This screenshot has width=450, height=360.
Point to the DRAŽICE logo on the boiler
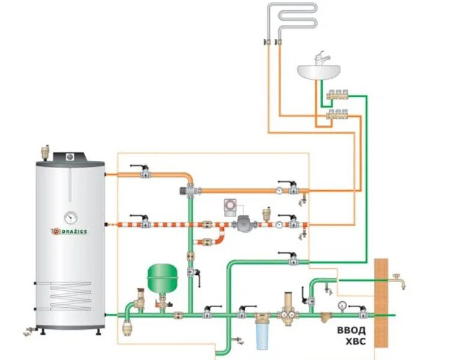pos(71,231)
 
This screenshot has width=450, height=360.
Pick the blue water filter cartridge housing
pos(262,337)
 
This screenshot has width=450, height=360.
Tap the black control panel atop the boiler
pos(71,157)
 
